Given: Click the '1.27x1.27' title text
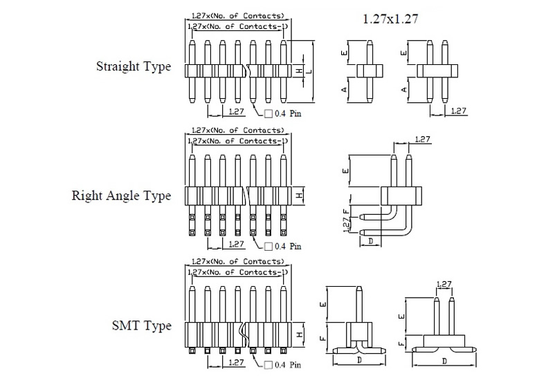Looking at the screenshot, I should click(390, 20).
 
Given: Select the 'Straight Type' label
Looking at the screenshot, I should click(134, 67).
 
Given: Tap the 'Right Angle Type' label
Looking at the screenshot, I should click(122, 196).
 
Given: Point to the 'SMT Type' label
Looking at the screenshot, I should click(142, 325).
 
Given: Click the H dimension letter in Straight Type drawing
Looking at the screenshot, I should click(299, 70).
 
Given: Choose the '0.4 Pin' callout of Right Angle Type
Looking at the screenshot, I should click(284, 245).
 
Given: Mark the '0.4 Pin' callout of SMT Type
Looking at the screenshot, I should click(284, 364).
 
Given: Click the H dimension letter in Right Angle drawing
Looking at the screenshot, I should click(299, 196).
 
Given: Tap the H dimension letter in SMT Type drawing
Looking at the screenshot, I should click(299, 334).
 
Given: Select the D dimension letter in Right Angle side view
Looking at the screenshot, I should click(371, 241).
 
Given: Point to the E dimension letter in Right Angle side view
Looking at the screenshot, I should click(345, 170).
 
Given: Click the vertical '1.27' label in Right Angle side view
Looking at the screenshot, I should click(345, 227).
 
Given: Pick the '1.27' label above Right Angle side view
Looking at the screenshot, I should click(422, 140).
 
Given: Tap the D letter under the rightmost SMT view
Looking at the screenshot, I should click(444, 361).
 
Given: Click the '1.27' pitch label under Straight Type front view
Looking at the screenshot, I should click(236, 111).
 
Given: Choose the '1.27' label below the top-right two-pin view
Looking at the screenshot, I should click(458, 111).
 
